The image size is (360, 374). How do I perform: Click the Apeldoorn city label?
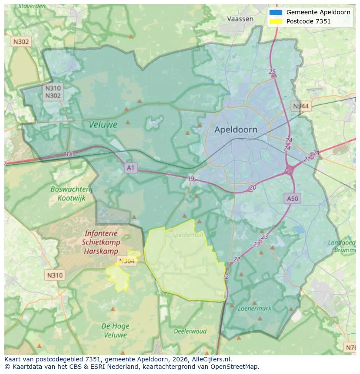click(236, 129)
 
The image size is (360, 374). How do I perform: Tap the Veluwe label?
click(103, 125)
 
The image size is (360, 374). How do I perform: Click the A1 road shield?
click(130, 167)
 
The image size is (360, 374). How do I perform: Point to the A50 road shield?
click(292, 199)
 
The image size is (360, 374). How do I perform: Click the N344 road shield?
click(301, 106)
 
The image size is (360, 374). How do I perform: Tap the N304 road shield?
click(126, 261)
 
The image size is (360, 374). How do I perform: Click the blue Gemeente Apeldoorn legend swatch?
click(276, 12)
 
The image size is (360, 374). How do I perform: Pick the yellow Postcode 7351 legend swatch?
click(276, 21)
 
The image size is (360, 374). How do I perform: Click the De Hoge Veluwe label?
click(115, 330)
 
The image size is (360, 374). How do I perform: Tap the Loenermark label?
click(255, 308)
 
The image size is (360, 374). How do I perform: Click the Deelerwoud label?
click(190, 331)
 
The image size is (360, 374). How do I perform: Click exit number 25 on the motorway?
click(272, 72)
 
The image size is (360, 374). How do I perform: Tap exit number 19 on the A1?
click(191, 179)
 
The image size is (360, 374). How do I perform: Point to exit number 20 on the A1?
click(253, 188)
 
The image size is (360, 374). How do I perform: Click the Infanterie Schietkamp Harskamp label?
click(101, 242)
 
